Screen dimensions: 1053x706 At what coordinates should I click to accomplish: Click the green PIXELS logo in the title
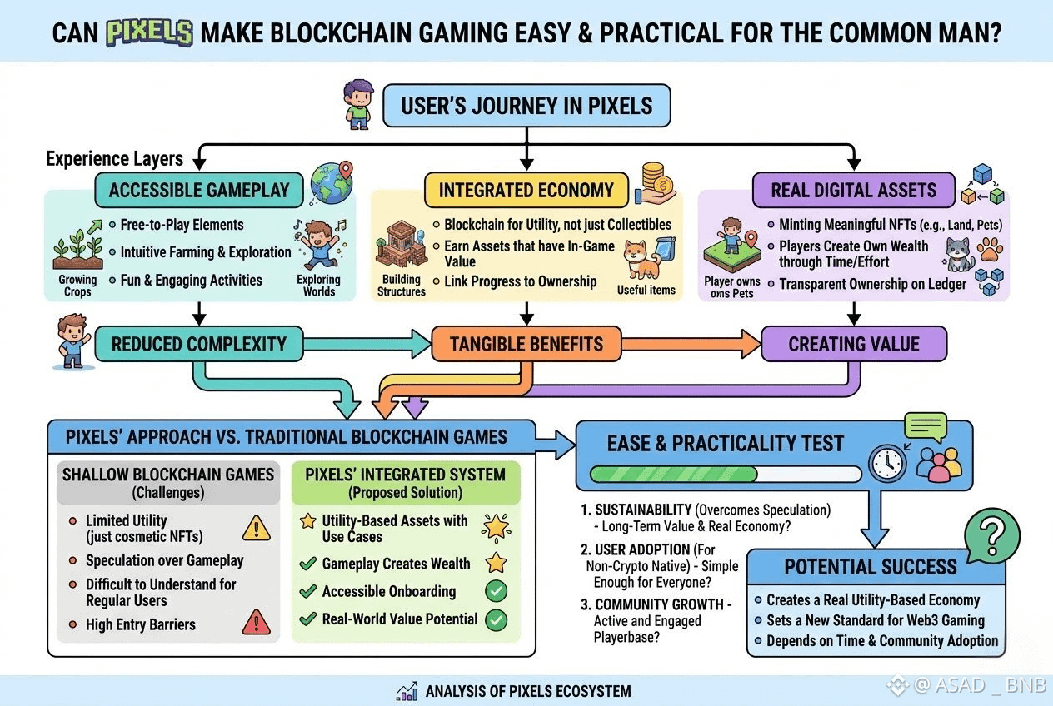tap(149, 32)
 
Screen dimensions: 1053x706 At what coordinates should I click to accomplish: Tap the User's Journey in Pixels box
tap(526, 105)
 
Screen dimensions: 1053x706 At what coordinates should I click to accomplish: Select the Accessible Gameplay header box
tap(199, 191)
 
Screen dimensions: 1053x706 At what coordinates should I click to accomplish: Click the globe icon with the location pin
tap(332, 182)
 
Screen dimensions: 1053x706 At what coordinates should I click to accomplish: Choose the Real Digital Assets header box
tap(854, 191)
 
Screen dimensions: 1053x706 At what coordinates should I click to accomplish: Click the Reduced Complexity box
tap(199, 344)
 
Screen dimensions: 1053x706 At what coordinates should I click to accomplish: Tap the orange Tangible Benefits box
tap(526, 344)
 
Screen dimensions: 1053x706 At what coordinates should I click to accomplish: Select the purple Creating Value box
tap(854, 344)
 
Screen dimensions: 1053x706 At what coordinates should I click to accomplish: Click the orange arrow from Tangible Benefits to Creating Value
tap(691, 344)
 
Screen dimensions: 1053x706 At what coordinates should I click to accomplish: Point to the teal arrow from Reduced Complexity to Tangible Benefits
tap(367, 344)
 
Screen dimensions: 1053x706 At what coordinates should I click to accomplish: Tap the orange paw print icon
tap(990, 249)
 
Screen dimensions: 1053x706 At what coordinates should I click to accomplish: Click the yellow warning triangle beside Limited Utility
tap(257, 528)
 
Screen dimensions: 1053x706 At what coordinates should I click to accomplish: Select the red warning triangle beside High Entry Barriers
tap(257, 623)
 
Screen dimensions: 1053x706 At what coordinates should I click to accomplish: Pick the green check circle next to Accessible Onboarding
tap(497, 591)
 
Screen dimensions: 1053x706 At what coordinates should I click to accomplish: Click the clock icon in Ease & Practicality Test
tap(887, 464)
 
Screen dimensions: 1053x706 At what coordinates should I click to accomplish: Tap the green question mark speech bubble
tap(992, 535)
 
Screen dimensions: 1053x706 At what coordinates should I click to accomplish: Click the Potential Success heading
tap(871, 567)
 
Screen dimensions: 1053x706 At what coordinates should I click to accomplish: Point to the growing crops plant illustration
tap(78, 246)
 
